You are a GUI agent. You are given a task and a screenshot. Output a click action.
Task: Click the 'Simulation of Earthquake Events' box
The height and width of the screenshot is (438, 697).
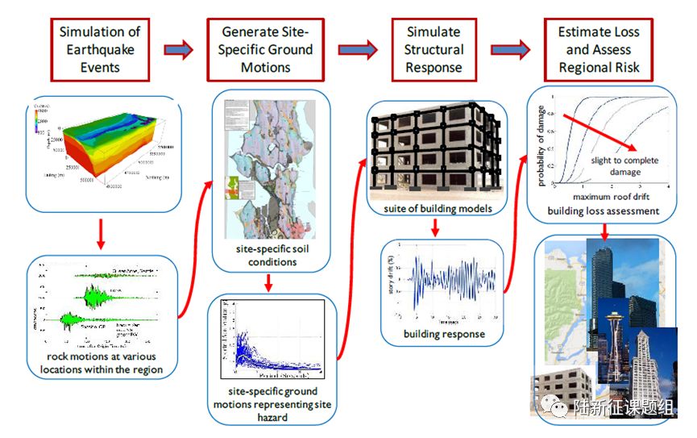click(x=99, y=49)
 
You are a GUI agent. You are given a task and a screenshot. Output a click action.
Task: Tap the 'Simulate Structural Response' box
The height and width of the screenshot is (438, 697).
click(x=434, y=49)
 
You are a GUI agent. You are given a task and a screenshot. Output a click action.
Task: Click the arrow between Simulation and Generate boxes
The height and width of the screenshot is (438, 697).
click(x=179, y=50)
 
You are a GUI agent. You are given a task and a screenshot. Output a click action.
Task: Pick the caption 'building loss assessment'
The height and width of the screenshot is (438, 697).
click(x=603, y=211)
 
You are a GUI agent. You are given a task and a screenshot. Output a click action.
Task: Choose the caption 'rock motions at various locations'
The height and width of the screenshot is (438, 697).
click(x=102, y=363)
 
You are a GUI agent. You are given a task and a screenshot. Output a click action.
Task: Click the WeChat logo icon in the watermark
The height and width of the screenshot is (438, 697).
click(x=556, y=408)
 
